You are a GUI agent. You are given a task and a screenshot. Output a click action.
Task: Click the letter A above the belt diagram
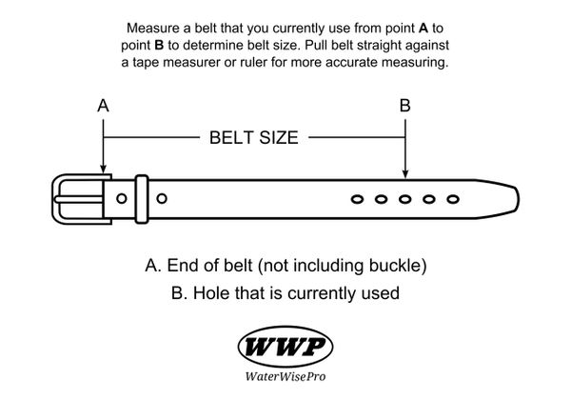pyautogui.click(x=103, y=107)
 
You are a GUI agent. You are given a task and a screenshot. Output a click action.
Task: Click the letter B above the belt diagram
pyautogui.click(x=405, y=107)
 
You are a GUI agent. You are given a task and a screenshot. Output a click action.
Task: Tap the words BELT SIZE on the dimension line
pyautogui.click(x=253, y=137)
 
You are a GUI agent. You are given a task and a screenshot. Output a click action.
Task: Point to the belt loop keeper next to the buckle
pyautogui.click(x=140, y=198)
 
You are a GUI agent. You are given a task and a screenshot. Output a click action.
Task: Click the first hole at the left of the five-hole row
pyautogui.click(x=357, y=199)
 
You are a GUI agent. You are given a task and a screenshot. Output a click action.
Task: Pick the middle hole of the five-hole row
pyautogui.click(x=404, y=199)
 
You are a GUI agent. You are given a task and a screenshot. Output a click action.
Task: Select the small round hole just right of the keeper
pyautogui.click(x=161, y=198)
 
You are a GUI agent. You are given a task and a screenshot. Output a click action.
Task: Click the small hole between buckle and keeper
pyautogui.click(x=121, y=198)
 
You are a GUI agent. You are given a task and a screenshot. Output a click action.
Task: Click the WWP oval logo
pyautogui.click(x=285, y=346)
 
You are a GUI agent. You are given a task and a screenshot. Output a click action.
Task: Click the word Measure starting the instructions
pyautogui.click(x=152, y=28)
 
